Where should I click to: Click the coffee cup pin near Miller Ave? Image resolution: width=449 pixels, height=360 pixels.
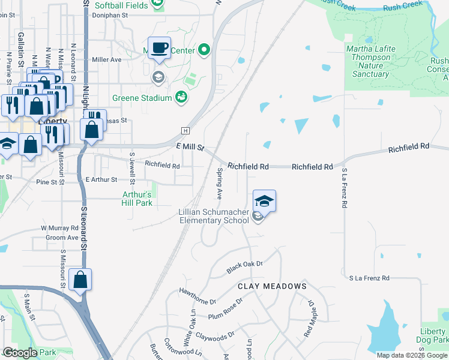tap(159, 48)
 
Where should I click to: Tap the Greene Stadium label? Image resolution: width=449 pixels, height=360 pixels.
tap(142, 97)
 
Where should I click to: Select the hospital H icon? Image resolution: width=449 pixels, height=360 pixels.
tap(185, 131)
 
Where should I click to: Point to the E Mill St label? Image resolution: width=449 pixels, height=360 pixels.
tap(190, 147)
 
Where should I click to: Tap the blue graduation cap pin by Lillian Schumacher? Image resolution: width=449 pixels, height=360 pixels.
tap(264, 201)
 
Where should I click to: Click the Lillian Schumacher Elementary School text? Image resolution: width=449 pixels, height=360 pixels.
tap(214, 216)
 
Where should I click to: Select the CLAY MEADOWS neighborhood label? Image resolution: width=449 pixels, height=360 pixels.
tap(272, 286)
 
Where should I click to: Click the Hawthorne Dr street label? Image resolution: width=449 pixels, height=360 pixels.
tap(197, 296)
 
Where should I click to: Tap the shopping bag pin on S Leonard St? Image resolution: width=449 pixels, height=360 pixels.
tap(80, 280)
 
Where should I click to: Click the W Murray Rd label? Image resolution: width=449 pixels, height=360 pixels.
tap(59, 228)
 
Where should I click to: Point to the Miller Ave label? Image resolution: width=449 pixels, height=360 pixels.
tap(107, 59)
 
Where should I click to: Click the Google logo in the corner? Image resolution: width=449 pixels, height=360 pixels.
tap(20, 353)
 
